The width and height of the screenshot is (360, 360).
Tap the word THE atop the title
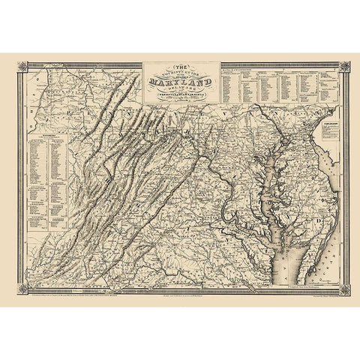179,65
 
